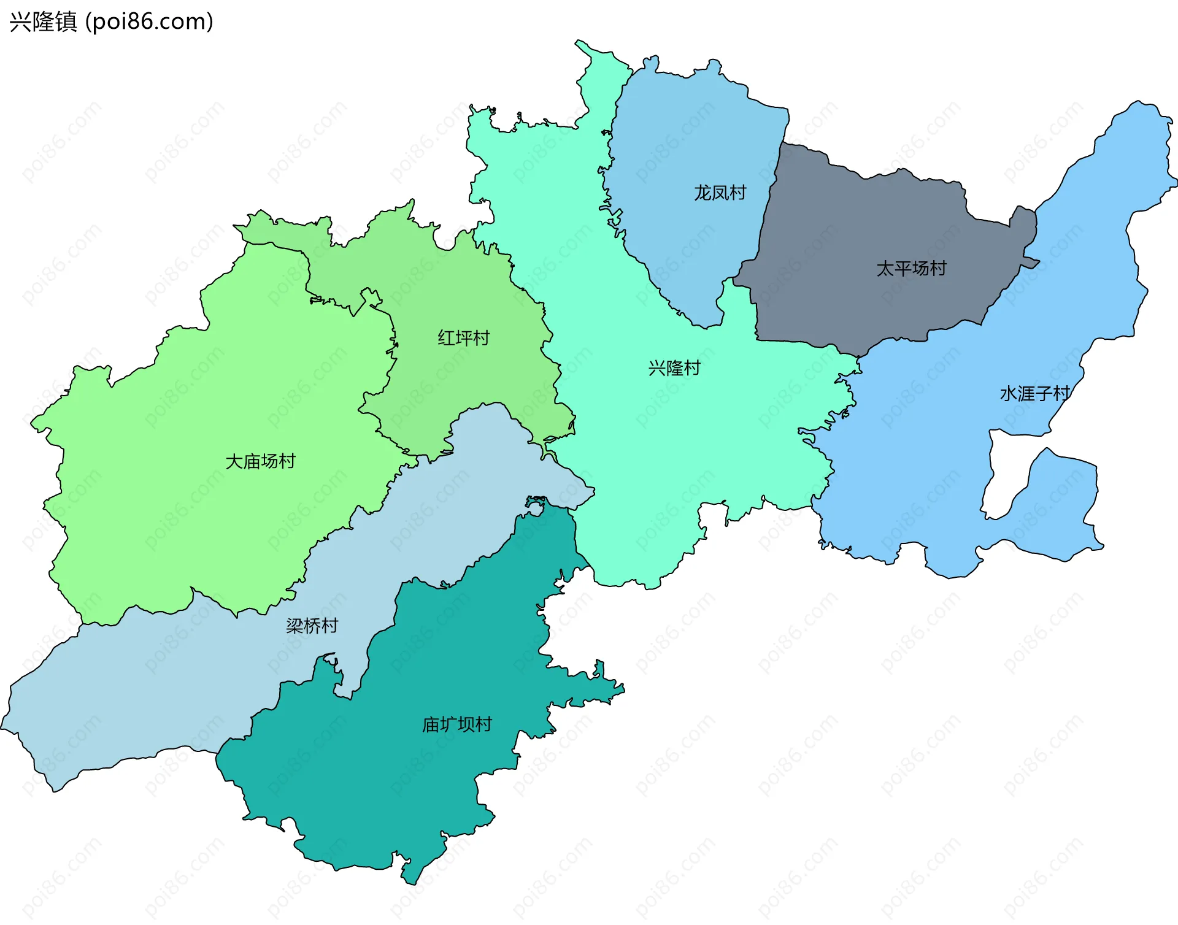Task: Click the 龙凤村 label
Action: (720, 193)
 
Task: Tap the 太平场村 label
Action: (911, 269)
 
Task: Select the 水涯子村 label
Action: (1035, 394)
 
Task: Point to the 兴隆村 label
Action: (674, 369)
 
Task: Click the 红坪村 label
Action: (463, 338)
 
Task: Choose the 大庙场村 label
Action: (260, 461)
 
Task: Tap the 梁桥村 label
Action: (312, 626)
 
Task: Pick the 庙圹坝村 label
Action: (457, 725)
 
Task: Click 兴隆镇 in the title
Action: (43, 22)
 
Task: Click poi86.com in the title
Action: (149, 22)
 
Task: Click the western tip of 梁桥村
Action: (5, 727)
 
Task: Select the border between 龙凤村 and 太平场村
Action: (770, 202)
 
